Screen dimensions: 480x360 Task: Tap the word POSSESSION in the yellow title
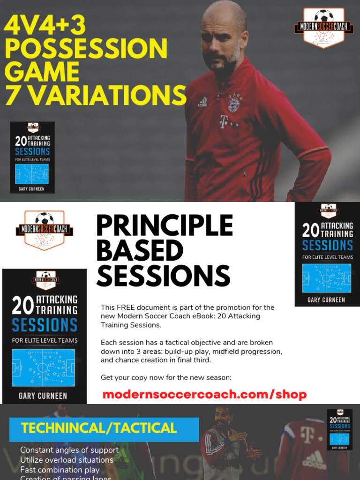[86, 48]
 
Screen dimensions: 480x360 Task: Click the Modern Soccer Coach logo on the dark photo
[324, 27]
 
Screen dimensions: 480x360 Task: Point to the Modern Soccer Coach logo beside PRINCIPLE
[44, 230]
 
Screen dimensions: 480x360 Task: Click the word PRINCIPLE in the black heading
[164, 226]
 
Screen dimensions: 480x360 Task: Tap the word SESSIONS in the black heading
[163, 276]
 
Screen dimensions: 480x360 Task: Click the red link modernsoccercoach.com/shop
[204, 394]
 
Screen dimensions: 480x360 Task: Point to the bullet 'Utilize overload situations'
[67, 460]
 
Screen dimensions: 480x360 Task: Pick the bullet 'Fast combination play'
[60, 469]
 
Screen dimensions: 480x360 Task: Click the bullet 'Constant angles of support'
[69, 450]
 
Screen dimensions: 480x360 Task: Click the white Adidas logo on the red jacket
[202, 101]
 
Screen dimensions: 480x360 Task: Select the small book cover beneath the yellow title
[32, 157]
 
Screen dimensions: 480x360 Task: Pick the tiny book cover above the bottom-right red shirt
[339, 429]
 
